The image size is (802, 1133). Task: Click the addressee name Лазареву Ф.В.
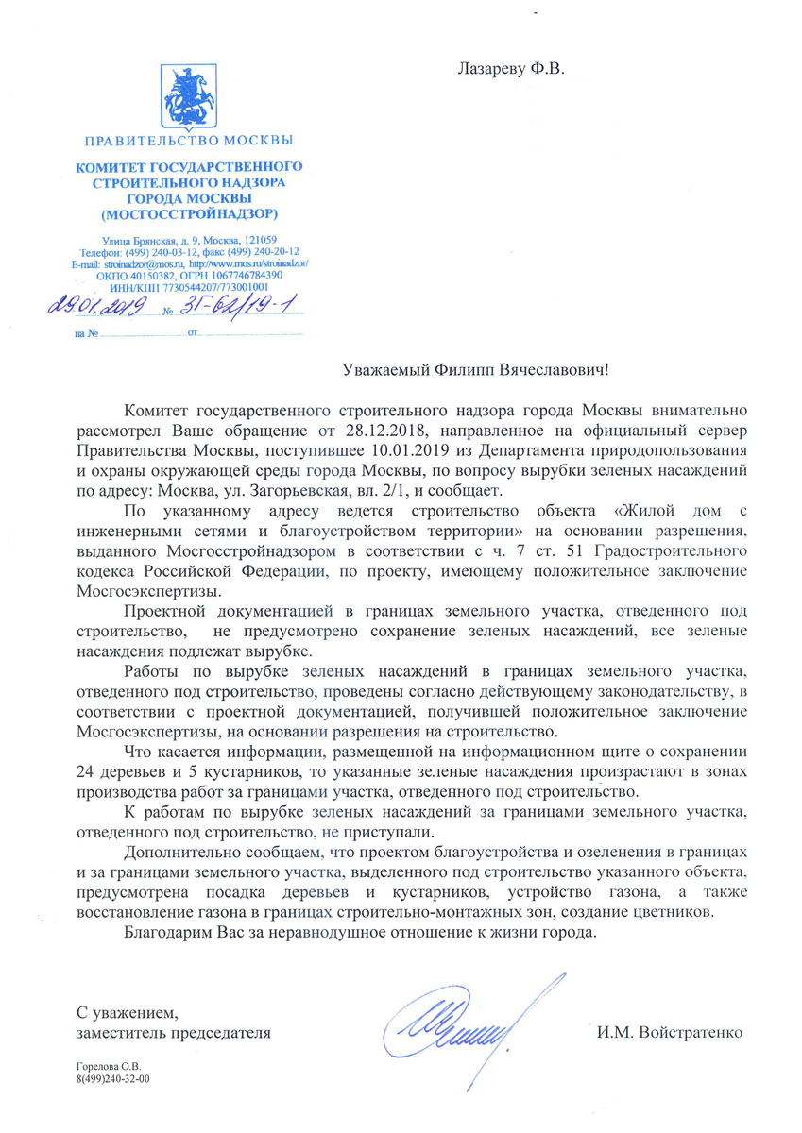point(515,69)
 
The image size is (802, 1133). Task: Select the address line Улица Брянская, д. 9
point(148,240)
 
